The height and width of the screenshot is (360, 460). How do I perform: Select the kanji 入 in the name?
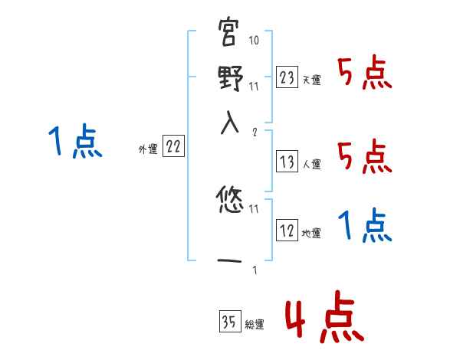tap(229, 123)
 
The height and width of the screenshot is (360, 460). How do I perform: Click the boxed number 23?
tap(287, 77)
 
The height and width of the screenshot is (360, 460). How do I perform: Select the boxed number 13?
tap(287, 162)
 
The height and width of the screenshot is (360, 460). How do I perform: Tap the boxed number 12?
tap(287, 231)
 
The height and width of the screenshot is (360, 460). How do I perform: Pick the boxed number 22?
tap(173, 148)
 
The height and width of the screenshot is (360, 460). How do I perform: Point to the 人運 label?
tap(312, 164)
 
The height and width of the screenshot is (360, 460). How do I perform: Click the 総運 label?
tap(255, 324)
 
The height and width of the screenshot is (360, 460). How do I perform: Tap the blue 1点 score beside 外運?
tap(74, 142)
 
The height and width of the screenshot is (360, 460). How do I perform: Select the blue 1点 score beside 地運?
tap(365, 224)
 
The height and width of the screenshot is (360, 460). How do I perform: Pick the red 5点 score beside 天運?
tap(365, 74)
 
